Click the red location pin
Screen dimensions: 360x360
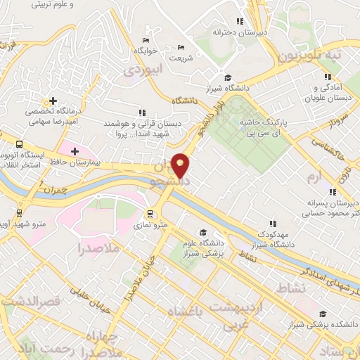click(180, 165)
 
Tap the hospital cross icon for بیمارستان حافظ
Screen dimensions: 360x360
click(75, 151)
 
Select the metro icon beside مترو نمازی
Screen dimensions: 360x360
click(150, 214)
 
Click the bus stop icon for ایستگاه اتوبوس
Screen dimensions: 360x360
click(19, 144)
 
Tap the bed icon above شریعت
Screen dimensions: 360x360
click(181, 47)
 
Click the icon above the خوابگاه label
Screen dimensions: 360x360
click(146, 40)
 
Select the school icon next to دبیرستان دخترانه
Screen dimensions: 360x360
click(240, 22)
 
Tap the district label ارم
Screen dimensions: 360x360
click(333, 174)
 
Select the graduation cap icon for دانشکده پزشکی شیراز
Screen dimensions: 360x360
click(323, 314)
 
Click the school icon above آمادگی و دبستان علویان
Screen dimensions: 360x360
click(327, 77)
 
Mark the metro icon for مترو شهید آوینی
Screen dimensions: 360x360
click(19, 212)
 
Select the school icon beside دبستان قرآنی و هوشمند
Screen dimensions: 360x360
click(143, 112)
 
